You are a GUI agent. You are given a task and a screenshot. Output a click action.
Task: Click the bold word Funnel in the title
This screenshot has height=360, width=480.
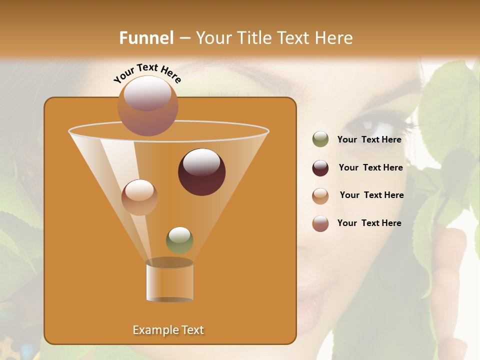pos(146,37)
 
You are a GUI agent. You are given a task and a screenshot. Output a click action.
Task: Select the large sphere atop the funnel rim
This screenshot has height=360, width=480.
pos(148,105)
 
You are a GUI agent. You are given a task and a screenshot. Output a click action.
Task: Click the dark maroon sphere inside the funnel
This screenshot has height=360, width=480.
pos(202,172)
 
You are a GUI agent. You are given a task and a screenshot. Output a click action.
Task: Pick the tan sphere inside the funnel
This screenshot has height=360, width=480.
pos(139,197)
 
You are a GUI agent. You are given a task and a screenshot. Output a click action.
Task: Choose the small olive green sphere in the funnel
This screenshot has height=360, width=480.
pos(179,240)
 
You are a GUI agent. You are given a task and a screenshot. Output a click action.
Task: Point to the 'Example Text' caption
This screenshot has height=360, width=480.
pos(168,330)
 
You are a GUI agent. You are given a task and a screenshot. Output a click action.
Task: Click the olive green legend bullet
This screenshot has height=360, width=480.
pos(320,139)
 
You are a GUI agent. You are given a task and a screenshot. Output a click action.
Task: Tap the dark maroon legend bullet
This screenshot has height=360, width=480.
pos(320,168)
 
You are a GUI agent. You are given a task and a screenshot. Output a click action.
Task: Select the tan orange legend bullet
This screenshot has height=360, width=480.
pos(320,196)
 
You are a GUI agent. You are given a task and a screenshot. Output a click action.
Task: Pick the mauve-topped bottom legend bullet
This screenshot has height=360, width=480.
pos(320,223)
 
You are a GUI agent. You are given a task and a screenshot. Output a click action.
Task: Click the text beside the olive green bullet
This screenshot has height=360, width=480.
pos(369,139)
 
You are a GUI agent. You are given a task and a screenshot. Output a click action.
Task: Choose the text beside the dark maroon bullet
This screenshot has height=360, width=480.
pos(370,167)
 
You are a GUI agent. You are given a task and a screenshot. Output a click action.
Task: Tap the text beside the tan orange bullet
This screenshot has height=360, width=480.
pos(371,195)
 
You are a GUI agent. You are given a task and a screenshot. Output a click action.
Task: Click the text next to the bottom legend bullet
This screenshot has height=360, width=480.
pos(369,223)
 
